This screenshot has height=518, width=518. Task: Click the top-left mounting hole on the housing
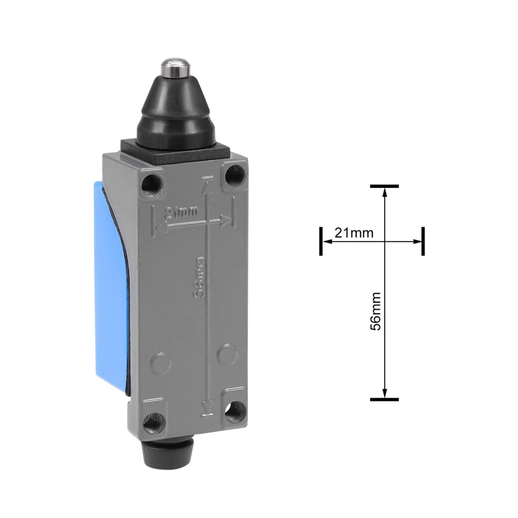point(151,183)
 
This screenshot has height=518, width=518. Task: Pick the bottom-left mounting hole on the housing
point(155,418)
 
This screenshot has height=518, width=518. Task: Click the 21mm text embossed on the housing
point(181,212)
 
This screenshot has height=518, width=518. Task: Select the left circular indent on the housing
point(160,363)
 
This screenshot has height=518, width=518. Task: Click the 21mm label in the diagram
point(354,233)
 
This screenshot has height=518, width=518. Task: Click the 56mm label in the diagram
point(376,311)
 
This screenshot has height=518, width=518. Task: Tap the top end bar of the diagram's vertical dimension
point(384,186)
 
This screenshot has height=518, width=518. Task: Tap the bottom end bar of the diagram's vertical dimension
point(384,399)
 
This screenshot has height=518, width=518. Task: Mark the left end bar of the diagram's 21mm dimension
point(321,241)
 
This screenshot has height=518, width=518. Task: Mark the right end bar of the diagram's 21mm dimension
point(422,241)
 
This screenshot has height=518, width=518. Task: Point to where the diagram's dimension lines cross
point(384,242)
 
